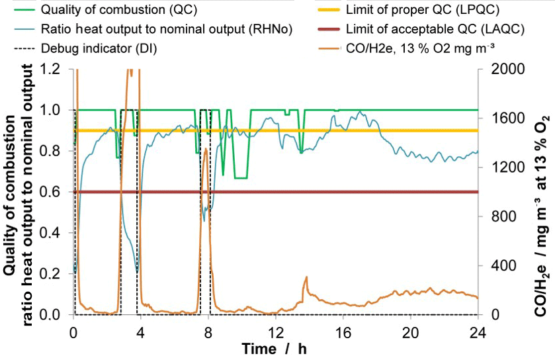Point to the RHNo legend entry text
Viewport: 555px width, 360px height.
click(x=166, y=30)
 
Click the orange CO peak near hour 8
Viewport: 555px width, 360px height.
click(x=206, y=150)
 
